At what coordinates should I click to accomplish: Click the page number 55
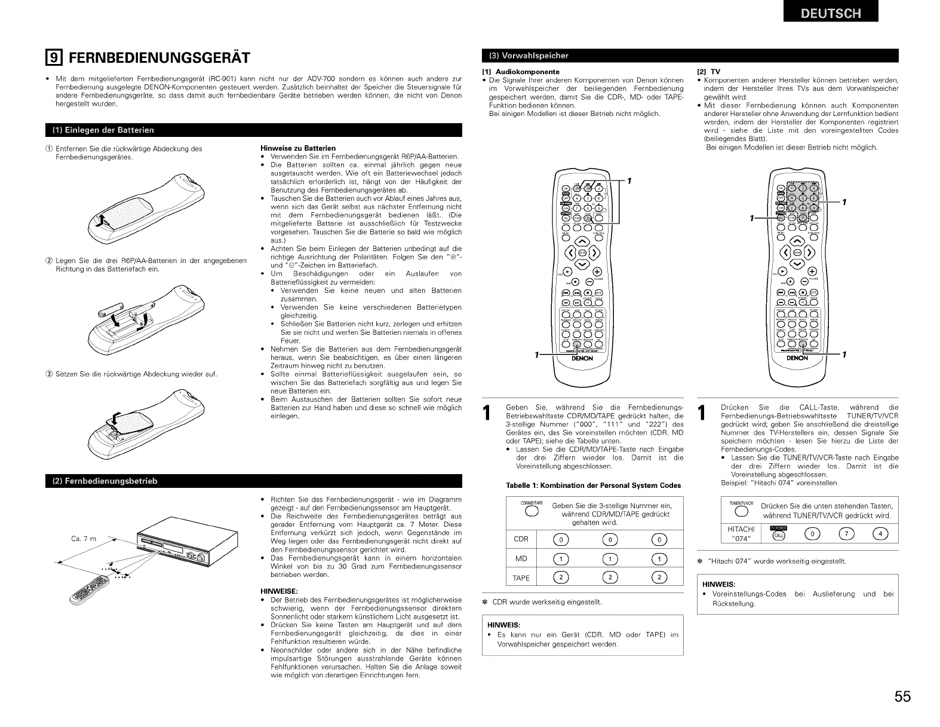tap(902, 697)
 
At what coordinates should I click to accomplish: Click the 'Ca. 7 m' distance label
tap(84, 539)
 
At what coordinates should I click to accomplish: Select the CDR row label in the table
tap(521, 539)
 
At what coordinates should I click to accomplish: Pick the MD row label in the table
tap(521, 558)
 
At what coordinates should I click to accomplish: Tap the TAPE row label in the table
tap(521, 578)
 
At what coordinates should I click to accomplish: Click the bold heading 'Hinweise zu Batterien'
tap(298, 148)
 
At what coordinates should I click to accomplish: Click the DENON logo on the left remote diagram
tap(582, 359)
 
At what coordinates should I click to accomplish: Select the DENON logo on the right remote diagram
tap(797, 359)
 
